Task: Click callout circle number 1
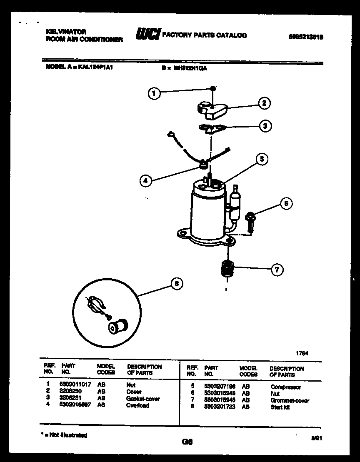(154, 94)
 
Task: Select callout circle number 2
(263, 103)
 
